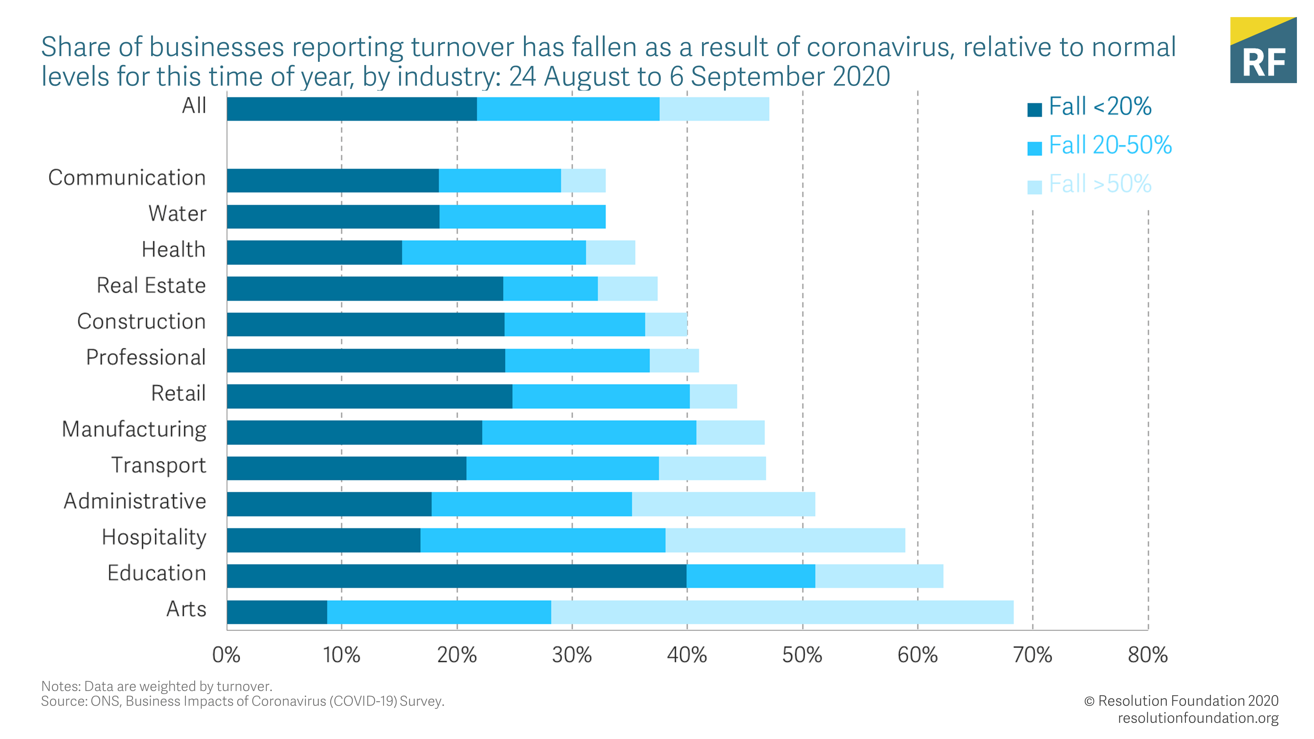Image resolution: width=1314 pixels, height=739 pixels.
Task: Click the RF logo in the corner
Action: (1263, 51)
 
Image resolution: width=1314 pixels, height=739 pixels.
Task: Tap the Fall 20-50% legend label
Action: (1110, 146)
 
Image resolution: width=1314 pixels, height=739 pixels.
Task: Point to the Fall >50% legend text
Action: (1100, 184)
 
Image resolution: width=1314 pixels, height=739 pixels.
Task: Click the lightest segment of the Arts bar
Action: (782, 612)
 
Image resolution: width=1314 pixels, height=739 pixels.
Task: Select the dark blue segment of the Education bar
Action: (457, 576)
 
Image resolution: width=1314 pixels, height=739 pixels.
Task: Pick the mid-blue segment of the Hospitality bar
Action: (543, 540)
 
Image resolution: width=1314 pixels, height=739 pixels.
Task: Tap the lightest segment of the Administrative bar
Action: (723, 504)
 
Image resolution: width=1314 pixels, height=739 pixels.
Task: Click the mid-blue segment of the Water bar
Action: (522, 217)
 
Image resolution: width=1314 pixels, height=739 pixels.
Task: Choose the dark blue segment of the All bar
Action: (352, 109)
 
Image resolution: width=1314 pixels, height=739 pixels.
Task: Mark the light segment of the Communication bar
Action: (583, 181)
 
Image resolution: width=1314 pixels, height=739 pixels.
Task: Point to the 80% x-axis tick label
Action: (1148, 655)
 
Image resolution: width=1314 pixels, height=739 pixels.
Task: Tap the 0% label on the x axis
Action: (226, 655)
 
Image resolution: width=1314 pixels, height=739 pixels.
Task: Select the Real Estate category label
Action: (151, 286)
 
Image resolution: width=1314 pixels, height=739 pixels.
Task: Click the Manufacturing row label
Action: (134, 429)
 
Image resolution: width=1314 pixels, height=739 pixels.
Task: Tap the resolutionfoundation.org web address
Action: (1198, 718)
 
